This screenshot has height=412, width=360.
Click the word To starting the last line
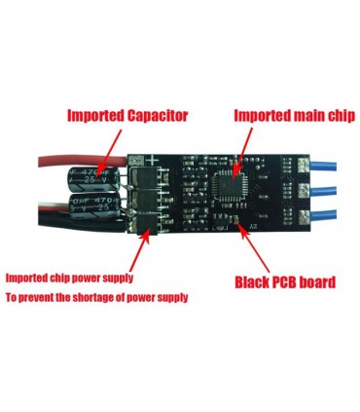tap(14, 297)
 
